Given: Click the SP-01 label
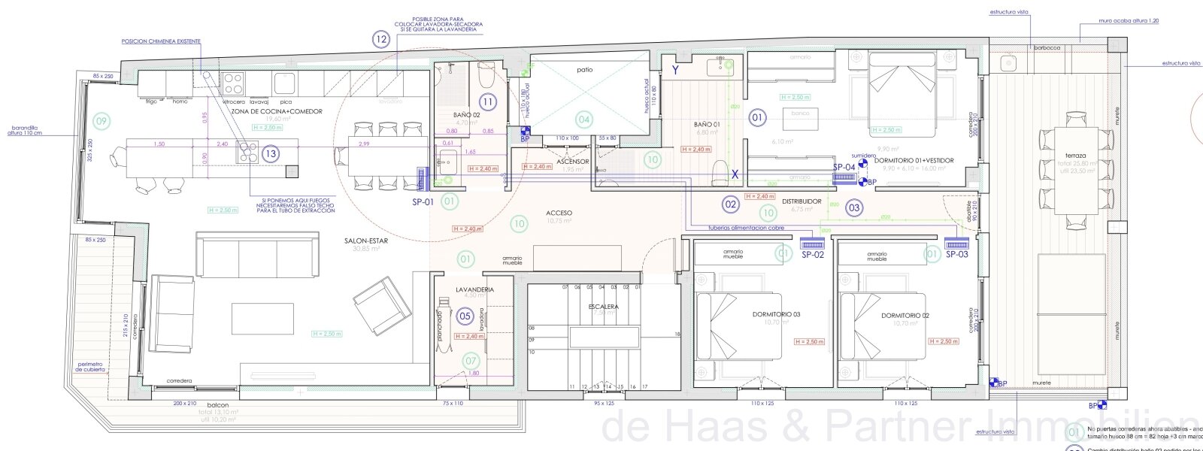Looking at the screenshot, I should coord(423,201).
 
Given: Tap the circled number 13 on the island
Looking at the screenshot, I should coord(271,154).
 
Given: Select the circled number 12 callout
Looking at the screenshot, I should coord(381,39).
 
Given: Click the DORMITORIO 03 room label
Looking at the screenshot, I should coord(776,315).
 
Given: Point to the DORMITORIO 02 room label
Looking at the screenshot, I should coord(905,316).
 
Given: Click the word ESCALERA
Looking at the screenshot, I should coord(604,307).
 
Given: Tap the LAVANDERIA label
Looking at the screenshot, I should coord(474,289).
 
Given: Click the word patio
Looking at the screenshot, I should coord(585,69).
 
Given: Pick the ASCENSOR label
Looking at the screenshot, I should coord(572,162).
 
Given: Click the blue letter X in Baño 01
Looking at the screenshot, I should coord(736,174).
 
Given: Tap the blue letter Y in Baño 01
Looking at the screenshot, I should coord(675,70).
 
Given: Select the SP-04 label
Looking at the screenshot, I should coord(844,167).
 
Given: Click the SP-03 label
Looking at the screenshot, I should coord(956,255).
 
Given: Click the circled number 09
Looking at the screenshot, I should coord(102,120).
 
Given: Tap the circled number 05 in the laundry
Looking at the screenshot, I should coord(465,316).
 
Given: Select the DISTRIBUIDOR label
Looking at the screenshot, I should coord(801,201).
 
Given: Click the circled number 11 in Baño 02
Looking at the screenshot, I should coord(488,102).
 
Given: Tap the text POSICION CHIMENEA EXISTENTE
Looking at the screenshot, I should coord(161,41).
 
